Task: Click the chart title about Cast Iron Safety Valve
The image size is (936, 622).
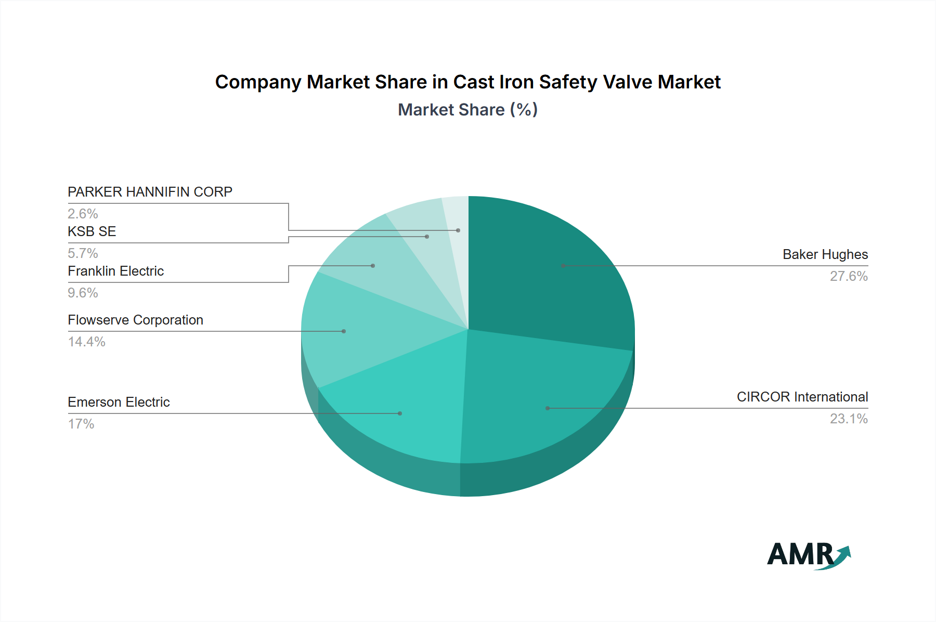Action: pos(467,82)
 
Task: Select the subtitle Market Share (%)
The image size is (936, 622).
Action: pos(467,110)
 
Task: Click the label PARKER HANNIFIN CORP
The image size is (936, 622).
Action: pos(150,192)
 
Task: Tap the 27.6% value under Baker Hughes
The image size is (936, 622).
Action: pos(849,276)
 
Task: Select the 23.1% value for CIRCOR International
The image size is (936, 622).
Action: pos(849,419)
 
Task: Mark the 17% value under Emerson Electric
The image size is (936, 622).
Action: pos(81,424)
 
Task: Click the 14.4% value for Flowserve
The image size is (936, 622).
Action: pos(86,342)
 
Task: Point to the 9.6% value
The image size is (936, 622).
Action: pos(83,293)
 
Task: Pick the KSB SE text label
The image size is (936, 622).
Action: pos(92,231)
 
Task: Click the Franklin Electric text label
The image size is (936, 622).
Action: pos(115,271)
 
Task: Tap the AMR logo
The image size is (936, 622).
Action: pos(809,554)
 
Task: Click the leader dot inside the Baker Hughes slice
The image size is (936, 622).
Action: pos(563,266)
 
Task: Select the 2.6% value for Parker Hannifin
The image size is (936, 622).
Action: pos(83,214)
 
